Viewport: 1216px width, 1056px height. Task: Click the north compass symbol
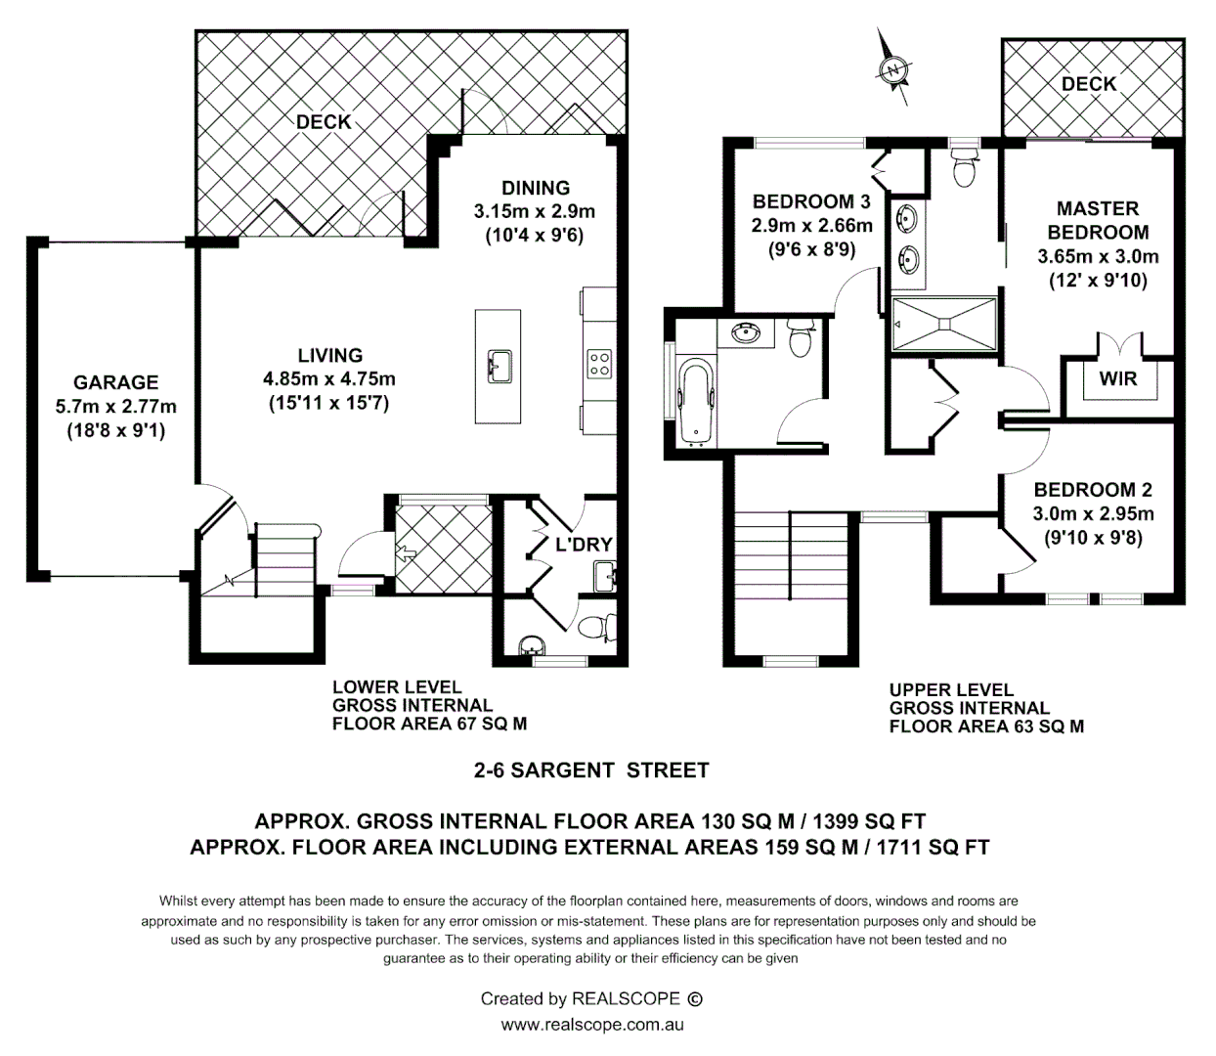point(892,67)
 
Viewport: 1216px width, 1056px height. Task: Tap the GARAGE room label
point(115,382)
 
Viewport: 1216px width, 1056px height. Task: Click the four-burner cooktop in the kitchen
point(599,365)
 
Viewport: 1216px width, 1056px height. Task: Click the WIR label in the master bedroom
point(1118,378)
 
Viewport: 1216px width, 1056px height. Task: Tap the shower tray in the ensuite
point(944,323)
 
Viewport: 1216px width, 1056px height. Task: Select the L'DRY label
point(584,545)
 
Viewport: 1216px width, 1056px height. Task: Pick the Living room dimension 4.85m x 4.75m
point(329,378)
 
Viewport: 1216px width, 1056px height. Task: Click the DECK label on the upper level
point(1089,84)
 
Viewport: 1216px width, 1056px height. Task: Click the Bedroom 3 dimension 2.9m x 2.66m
point(812,226)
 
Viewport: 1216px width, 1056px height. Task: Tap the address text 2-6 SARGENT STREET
point(591,770)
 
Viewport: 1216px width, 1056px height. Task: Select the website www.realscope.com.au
point(591,1025)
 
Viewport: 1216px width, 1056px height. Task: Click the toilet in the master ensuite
point(965,169)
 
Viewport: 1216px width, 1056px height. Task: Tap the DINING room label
point(536,188)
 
